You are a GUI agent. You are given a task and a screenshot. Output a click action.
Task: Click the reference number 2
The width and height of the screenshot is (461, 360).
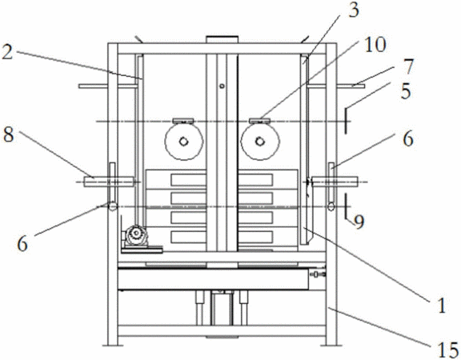[x=7, y=53]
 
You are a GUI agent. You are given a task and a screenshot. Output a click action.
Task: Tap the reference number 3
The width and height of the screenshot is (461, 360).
[x=354, y=10]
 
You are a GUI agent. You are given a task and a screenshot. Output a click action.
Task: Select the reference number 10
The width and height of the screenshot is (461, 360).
[x=375, y=46]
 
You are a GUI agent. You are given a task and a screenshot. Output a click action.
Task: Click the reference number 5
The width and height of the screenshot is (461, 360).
[x=406, y=91]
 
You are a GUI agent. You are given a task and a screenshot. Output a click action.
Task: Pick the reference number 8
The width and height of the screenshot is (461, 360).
[x=9, y=135]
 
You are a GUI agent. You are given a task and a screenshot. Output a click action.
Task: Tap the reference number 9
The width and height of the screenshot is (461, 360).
[x=359, y=222]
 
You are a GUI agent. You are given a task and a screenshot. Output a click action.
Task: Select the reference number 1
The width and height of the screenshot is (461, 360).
[x=441, y=305]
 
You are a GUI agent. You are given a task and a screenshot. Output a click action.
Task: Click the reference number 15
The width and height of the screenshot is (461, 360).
[x=448, y=350]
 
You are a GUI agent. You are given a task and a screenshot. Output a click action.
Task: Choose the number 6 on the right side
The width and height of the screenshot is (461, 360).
[x=408, y=138]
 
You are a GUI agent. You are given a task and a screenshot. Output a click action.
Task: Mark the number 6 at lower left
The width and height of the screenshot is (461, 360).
[x=22, y=244]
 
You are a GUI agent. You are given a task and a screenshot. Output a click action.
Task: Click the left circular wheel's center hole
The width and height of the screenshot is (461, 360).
[x=183, y=142]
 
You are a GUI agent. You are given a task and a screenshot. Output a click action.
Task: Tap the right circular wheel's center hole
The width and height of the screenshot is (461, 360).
[x=259, y=142]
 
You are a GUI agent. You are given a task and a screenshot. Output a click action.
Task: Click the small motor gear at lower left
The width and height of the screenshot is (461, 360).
[x=135, y=234]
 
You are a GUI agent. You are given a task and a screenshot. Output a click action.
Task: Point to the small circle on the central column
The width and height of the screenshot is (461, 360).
[x=222, y=86]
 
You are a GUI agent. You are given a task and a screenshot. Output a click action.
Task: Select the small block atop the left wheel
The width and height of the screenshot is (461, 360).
[x=183, y=121]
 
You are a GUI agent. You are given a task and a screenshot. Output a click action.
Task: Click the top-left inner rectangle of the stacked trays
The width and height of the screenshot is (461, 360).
[x=188, y=180]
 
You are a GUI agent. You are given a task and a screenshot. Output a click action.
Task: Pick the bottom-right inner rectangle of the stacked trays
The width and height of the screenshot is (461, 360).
[x=255, y=237]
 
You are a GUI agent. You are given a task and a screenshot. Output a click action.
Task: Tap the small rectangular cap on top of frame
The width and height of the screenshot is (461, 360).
[x=222, y=39]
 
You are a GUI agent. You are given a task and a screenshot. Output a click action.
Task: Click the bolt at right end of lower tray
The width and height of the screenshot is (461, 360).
[x=319, y=274]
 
